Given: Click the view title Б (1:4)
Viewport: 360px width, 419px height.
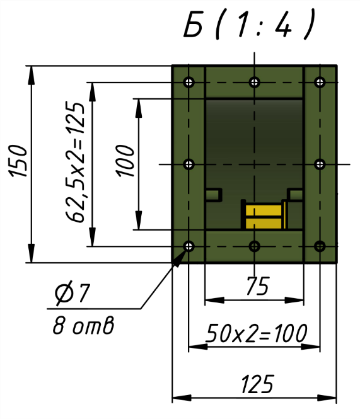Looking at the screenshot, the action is (x=249, y=25).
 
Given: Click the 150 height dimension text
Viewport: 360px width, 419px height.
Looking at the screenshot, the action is (x=18, y=161).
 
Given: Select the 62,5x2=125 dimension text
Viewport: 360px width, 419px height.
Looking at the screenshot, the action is (x=75, y=162).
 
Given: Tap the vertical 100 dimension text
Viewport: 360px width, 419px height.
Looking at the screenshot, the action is (x=125, y=161).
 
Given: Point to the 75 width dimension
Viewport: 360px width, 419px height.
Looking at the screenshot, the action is (x=257, y=286).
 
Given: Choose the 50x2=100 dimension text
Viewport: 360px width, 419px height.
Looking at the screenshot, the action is (x=256, y=333).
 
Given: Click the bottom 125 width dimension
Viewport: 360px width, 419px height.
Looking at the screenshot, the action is (x=257, y=384).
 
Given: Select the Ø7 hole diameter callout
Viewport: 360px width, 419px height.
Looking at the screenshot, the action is (x=73, y=294).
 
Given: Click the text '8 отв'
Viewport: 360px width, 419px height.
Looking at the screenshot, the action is (x=83, y=325).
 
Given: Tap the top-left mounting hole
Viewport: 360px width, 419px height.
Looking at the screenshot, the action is (x=189, y=82).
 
